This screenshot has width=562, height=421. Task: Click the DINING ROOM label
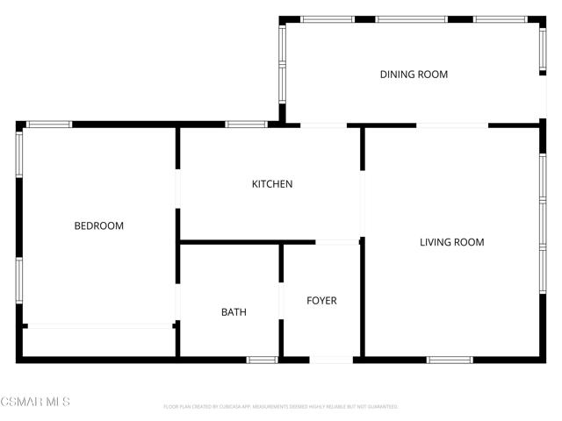[414, 75]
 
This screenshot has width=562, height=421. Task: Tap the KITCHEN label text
[272, 184]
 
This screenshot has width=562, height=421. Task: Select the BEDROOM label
[98, 226]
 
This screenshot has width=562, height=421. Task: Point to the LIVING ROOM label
[451, 242]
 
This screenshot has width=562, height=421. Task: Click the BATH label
[234, 312]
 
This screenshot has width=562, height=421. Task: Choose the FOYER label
[321, 301]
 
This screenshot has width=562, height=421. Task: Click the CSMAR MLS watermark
[35, 403]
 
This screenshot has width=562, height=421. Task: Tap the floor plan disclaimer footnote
[281, 407]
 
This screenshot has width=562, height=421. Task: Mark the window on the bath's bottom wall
[262, 359]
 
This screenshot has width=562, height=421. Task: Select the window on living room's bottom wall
[450, 359]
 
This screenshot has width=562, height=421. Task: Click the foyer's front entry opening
[332, 359]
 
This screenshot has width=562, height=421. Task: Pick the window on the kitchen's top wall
[246, 125]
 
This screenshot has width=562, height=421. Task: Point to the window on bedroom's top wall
[49, 125]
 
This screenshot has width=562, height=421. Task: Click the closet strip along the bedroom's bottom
[98, 326]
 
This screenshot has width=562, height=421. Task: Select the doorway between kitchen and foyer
[336, 242]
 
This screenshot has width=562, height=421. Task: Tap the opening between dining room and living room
[451, 125]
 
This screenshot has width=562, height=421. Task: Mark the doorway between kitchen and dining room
[323, 125]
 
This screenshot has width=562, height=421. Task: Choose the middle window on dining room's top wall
[411, 19]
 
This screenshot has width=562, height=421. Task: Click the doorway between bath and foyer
[282, 301]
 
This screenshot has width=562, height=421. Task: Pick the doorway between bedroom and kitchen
[178, 189]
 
